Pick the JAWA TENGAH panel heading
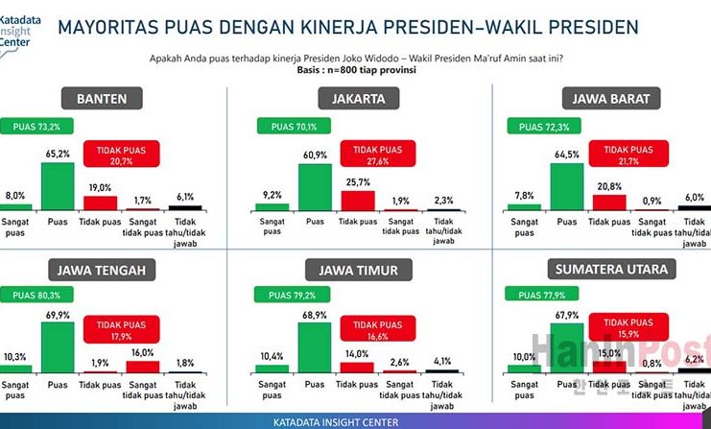(102, 270)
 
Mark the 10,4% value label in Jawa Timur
(273, 357)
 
